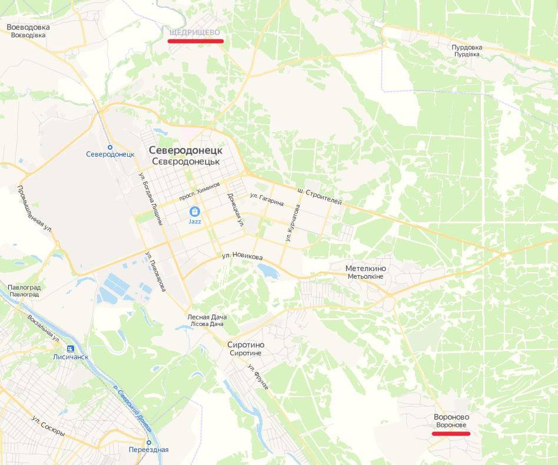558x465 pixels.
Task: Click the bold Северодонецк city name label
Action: point(185,150)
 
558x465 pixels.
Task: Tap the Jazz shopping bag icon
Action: point(195,211)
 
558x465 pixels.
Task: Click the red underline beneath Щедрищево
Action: point(195,41)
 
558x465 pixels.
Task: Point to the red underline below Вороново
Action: point(451,434)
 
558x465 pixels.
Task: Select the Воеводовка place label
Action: point(28,27)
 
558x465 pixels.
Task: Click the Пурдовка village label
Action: point(467,47)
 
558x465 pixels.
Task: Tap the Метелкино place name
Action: point(366,269)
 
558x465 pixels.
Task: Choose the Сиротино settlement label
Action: point(246,345)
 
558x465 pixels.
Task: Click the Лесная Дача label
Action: point(207,316)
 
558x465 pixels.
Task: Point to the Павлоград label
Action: point(24,287)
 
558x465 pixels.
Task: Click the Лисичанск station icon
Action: point(71,348)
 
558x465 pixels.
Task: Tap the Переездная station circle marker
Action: point(148,442)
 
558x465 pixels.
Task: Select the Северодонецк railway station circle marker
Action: point(110,147)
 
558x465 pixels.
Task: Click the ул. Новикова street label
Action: point(242,256)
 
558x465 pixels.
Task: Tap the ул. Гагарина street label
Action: point(267,200)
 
